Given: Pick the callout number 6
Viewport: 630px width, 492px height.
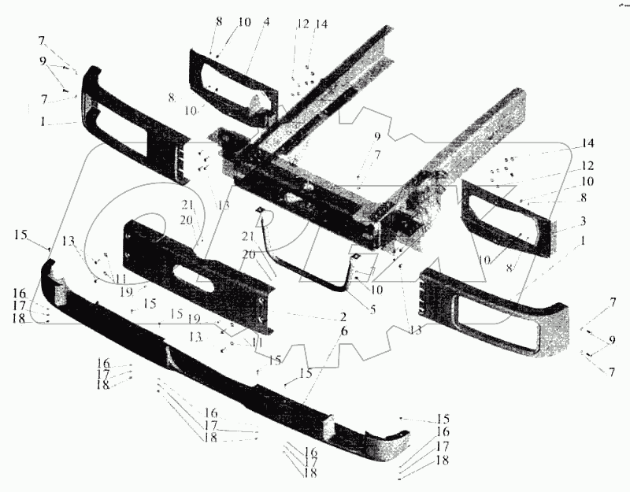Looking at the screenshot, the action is (x=343, y=331).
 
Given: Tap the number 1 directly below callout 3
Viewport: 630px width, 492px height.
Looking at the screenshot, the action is (x=583, y=241).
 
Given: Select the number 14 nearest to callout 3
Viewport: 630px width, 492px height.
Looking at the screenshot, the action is (x=587, y=143).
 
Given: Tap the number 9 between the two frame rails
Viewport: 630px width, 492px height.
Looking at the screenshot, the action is (x=377, y=135).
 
